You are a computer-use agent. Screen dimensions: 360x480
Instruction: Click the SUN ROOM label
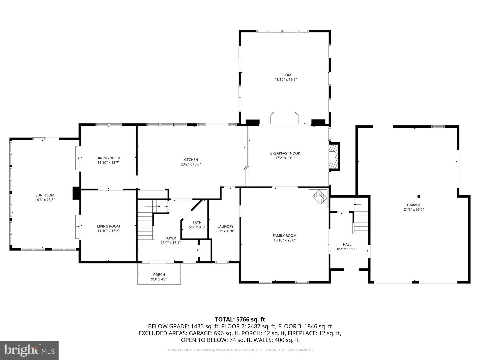[x=45, y=195]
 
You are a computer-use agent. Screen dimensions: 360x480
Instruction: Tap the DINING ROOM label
[x=108, y=158]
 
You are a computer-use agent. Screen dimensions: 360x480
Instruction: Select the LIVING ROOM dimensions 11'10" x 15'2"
[x=108, y=231]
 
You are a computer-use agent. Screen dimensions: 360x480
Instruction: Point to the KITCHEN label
[x=191, y=160]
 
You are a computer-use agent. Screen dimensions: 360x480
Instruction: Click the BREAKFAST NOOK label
[x=285, y=153]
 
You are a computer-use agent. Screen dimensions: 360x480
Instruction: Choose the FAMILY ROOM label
[x=285, y=236]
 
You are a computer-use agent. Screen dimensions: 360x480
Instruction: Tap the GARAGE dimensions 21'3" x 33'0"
[x=414, y=210]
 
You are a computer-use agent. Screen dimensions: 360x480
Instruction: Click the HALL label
[x=347, y=244]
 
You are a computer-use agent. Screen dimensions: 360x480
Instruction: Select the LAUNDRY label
[x=225, y=227]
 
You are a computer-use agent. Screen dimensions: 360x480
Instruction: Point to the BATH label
[x=197, y=223]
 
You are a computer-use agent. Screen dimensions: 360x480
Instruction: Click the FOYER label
[x=171, y=238]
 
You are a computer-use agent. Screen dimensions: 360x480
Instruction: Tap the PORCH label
[x=159, y=275]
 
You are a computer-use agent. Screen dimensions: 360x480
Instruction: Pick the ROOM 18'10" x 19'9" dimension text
[x=285, y=80]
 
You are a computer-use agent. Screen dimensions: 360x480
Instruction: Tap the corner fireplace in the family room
[x=320, y=197]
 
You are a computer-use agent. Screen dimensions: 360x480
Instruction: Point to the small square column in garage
[x=419, y=196]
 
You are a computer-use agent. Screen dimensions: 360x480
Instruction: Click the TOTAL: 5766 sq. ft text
[x=240, y=320]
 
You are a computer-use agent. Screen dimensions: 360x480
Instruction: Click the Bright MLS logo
[x=29, y=350]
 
